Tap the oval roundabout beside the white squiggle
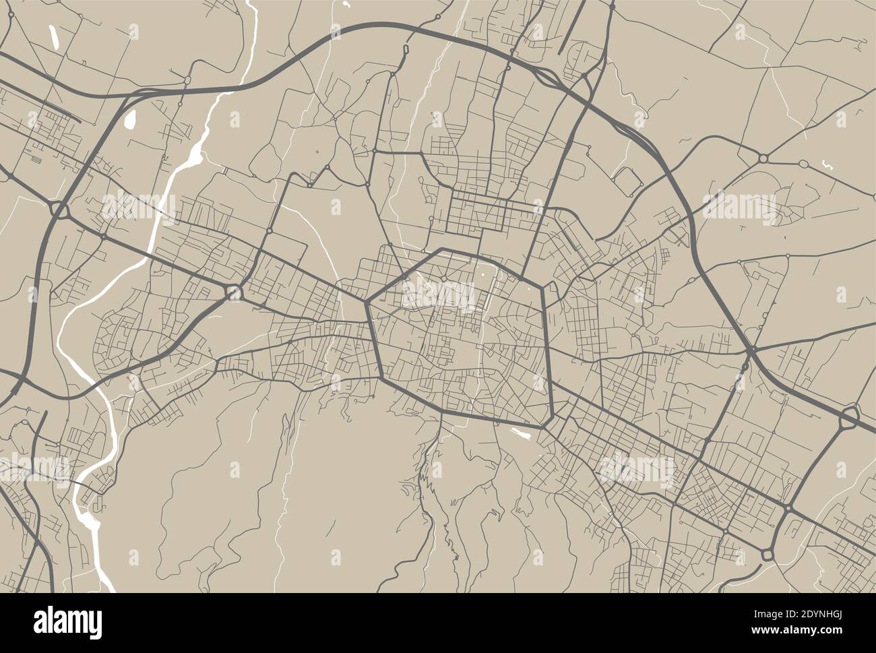(x=803, y=164)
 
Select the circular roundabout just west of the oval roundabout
(x=763, y=158)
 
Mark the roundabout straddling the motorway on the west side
(x=59, y=212)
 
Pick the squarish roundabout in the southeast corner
(x=768, y=555)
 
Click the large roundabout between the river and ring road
(x=234, y=292)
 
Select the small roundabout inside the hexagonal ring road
(x=444, y=278)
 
